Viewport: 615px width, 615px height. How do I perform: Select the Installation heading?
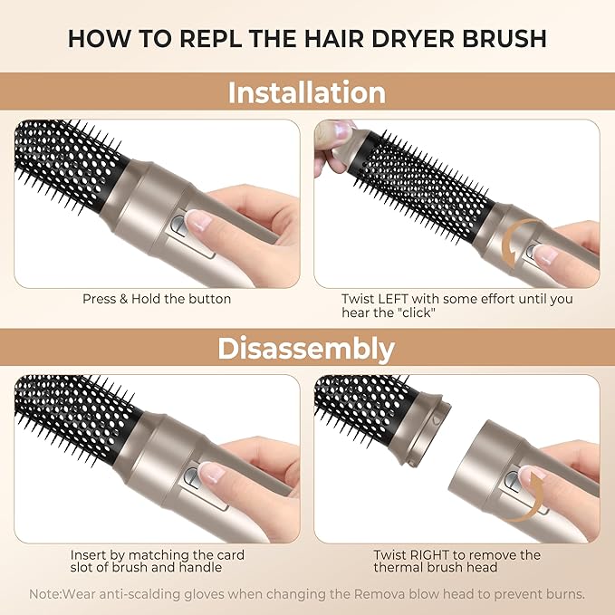[x=307, y=93]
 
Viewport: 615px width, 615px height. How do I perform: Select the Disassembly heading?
[x=306, y=349]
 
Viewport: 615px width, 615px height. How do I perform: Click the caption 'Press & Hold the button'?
[x=157, y=299]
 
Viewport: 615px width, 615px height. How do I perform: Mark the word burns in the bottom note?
[x=563, y=594]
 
